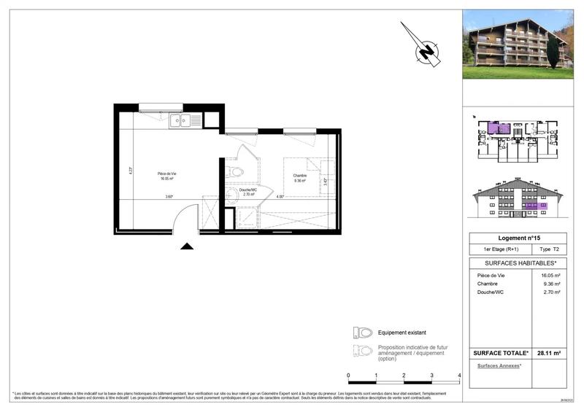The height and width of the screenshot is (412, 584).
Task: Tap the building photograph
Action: coord(518,44)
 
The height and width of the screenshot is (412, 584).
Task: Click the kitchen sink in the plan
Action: coord(180,121)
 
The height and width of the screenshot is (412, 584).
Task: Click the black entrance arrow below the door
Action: coord(187,246)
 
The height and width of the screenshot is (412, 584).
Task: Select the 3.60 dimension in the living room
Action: coord(169,197)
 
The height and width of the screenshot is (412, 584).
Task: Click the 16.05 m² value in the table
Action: coord(550,276)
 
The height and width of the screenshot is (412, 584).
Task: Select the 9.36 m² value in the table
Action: coord(550,284)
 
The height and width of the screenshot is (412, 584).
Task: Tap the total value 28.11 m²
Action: coord(548,353)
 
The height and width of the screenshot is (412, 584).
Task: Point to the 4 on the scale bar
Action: coord(459,376)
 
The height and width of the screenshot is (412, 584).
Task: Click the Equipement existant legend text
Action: coord(402,332)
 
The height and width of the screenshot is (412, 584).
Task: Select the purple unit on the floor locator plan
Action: coord(500,129)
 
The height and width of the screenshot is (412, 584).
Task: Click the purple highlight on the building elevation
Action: coord(531,207)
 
